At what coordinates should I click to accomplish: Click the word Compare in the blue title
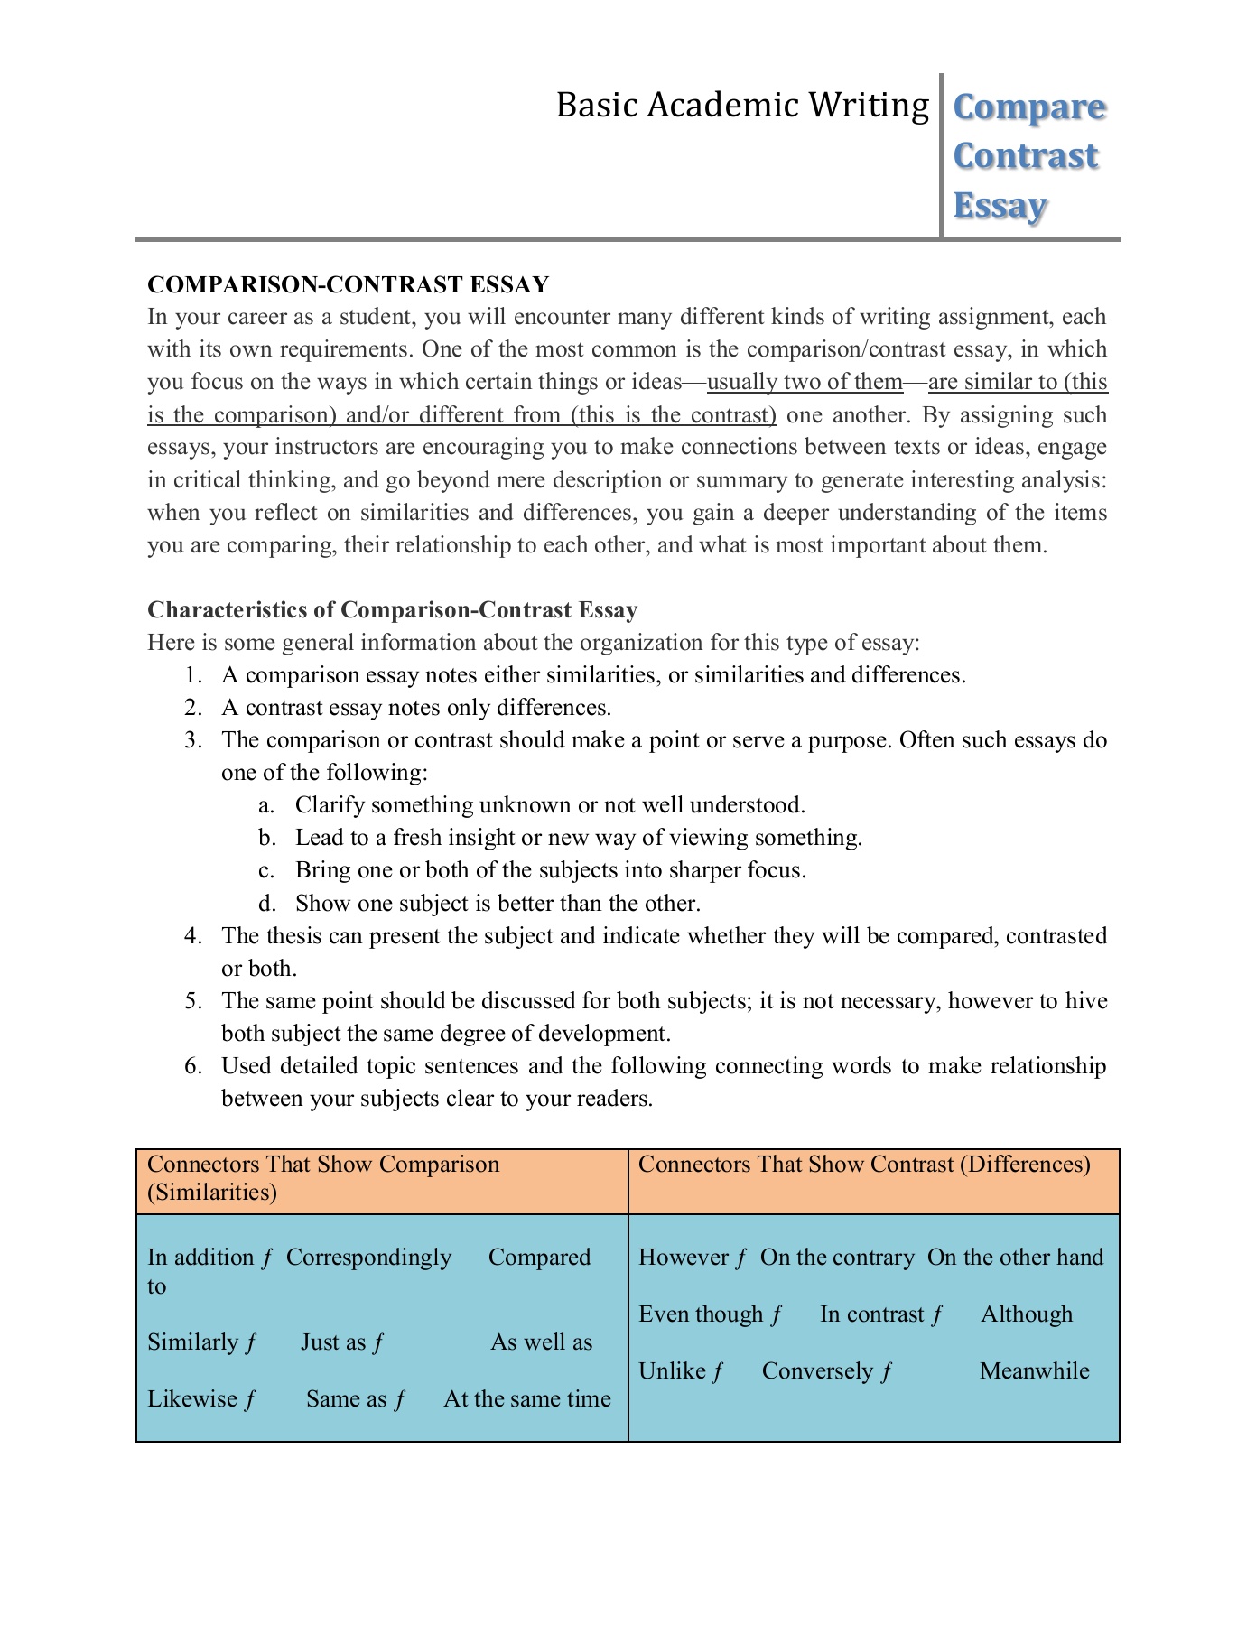coord(1028,107)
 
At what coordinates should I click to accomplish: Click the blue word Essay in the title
coord(1000,206)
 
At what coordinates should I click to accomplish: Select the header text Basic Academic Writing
coord(741,106)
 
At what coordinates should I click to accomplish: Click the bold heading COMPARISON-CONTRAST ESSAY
coord(348,284)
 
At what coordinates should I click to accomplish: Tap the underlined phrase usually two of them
coord(805,382)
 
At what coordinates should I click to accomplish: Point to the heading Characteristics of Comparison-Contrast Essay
coord(392,609)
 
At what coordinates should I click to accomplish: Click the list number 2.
coord(191,708)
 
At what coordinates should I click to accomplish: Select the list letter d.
coord(266,904)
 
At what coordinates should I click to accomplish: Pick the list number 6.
coord(191,1066)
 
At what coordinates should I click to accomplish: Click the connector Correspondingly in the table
coord(368,1258)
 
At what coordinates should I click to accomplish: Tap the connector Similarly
coord(192,1342)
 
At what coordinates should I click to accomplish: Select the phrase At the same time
coord(527,1399)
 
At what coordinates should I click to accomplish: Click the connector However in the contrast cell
coord(684,1258)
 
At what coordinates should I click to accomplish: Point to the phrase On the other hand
coord(1015,1258)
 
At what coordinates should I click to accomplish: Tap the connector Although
coord(1027,1314)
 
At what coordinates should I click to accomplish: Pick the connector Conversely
coord(817,1371)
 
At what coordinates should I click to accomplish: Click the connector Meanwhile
coord(1034,1371)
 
